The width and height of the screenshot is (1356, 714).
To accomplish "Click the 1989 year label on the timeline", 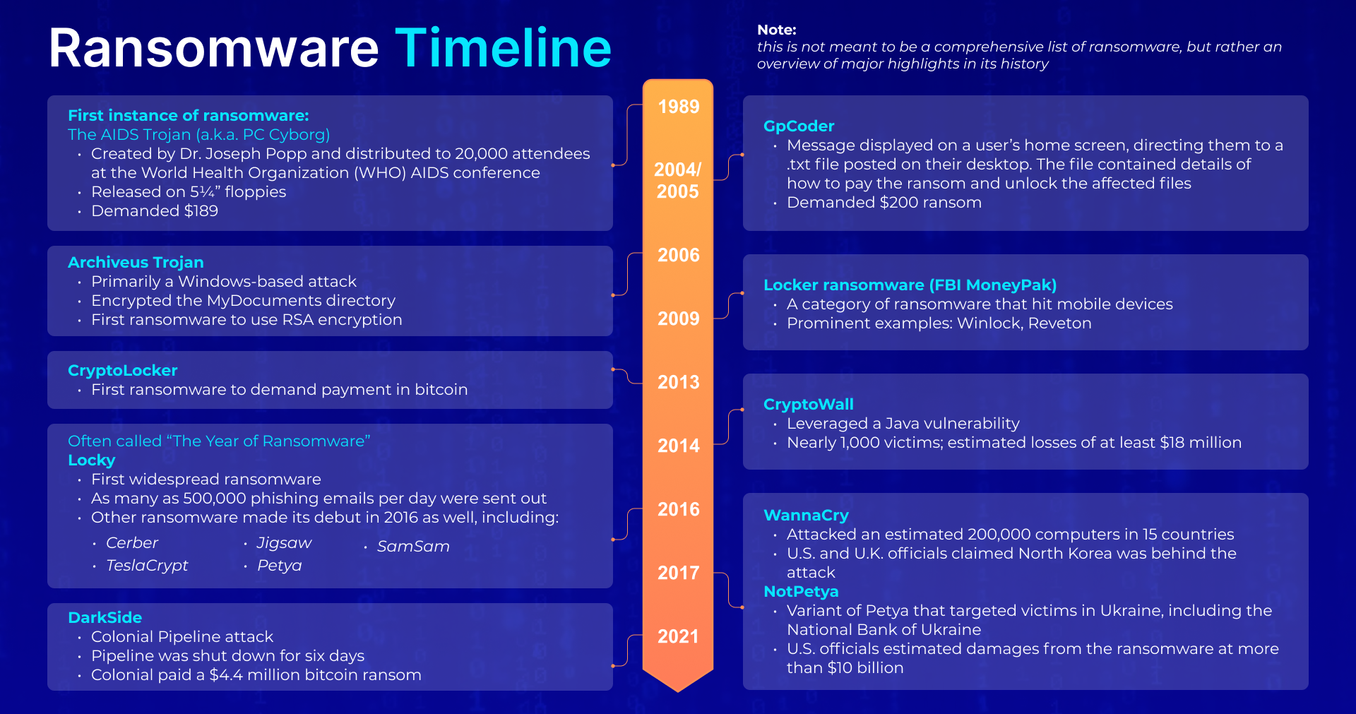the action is click(x=678, y=107).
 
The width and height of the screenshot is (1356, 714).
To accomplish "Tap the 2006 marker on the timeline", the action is click(x=678, y=255).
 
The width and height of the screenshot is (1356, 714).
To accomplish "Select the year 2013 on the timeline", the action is click(x=678, y=382).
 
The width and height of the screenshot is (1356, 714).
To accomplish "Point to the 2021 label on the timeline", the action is click(x=678, y=636).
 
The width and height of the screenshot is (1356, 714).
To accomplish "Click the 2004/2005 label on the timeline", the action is click(x=678, y=181).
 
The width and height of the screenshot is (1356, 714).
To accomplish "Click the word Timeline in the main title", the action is click(x=503, y=48).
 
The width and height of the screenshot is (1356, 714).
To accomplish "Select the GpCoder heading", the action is click(x=799, y=126).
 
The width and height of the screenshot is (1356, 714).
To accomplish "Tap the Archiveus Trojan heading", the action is click(x=136, y=262).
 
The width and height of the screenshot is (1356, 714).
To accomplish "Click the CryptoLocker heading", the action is click(x=122, y=370).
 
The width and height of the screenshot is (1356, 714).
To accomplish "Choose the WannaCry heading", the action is click(x=806, y=515).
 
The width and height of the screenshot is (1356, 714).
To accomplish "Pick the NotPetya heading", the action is click(x=801, y=591).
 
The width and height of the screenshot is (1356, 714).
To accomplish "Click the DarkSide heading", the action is click(x=105, y=617).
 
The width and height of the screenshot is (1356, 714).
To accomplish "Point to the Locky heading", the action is click(x=91, y=460).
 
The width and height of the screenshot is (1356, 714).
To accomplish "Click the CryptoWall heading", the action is click(x=808, y=404).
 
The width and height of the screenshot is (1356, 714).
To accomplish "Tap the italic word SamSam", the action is click(x=413, y=546).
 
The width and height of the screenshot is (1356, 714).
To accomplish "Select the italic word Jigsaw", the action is click(x=284, y=543).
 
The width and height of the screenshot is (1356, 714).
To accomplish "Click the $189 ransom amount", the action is click(x=201, y=210).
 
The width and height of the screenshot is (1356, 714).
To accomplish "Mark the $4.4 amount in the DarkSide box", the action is click(x=226, y=674).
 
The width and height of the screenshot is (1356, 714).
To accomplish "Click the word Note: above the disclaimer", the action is click(x=777, y=30).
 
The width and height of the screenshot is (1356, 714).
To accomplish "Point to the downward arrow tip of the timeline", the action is click(x=678, y=691).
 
